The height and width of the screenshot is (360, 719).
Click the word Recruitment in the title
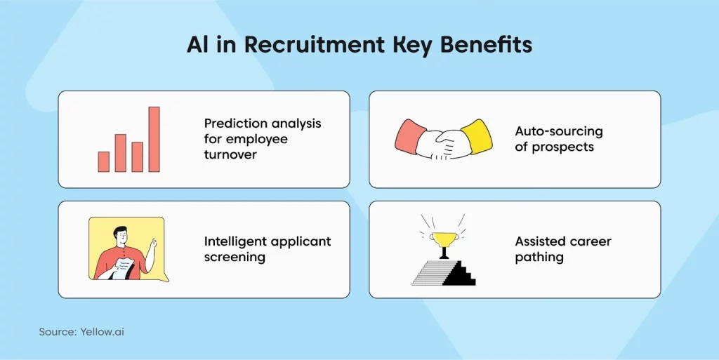point(314,45)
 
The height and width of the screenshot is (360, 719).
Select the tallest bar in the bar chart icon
point(154,139)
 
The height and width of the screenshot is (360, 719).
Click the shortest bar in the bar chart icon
point(104,161)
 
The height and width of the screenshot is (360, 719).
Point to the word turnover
point(231,155)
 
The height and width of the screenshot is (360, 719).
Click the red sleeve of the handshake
point(410,136)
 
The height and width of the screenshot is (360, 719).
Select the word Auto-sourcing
point(558,131)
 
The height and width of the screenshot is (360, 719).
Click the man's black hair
point(120,230)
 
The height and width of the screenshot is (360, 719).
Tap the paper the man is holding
point(121,268)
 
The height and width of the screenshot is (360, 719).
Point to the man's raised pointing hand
point(153,244)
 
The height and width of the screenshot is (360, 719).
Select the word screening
point(235,258)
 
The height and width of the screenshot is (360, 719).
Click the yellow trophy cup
point(444,239)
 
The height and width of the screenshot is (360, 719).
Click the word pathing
point(539,258)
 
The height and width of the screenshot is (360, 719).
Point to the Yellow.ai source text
point(102,332)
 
